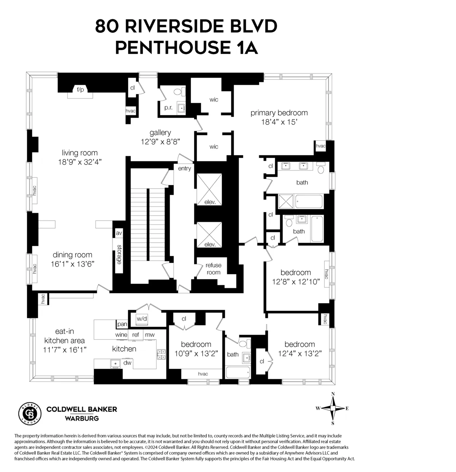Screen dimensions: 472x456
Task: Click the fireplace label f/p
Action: tap(80, 90)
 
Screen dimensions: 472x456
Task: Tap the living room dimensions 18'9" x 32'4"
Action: tap(77, 162)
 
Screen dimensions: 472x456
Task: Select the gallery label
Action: tap(160, 132)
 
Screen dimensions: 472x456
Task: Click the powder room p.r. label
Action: tap(168, 108)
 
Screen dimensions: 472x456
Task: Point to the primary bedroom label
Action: tap(279, 113)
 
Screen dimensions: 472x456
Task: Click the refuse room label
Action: tap(214, 269)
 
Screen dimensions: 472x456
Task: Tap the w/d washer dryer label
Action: tap(142, 318)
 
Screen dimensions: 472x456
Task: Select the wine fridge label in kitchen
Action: tap(121, 335)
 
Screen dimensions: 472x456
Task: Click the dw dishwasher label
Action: tap(127, 363)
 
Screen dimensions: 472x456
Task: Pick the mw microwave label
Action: tap(150, 335)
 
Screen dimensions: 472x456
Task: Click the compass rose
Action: tap(332, 408)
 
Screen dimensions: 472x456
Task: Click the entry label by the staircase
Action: tap(184, 168)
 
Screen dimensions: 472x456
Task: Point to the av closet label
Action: tap(119, 233)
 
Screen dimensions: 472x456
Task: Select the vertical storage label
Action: tap(119, 254)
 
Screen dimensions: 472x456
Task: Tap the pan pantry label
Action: tap(122, 324)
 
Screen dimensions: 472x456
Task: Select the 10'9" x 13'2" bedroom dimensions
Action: tap(196, 353)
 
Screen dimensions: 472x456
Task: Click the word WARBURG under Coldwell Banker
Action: tap(82, 418)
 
